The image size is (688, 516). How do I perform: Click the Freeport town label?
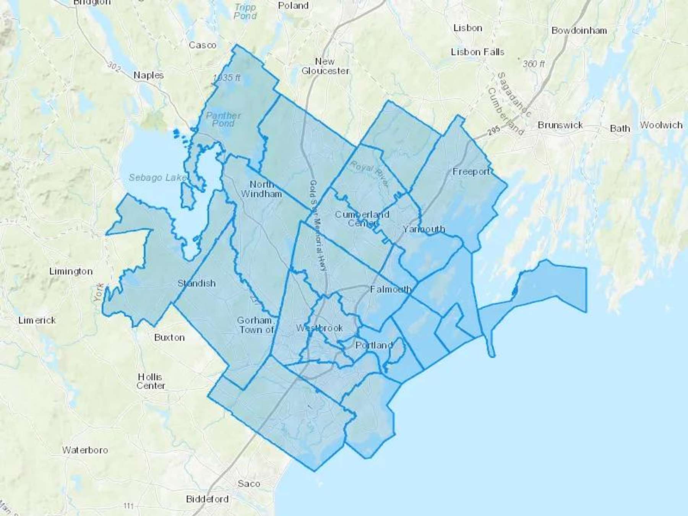[x=471, y=172]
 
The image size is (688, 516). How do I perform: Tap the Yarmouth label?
[x=424, y=229]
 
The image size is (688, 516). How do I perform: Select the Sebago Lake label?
[x=157, y=177]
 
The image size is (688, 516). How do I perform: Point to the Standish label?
[x=196, y=283]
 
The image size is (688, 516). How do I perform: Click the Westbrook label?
[x=320, y=328]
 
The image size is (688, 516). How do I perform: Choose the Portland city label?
[x=374, y=345]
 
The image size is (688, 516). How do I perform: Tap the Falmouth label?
[x=391, y=289]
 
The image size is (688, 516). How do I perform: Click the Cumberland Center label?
[x=362, y=218]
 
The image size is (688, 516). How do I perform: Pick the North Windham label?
[x=261, y=189]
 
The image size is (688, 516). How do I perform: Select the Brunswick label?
[x=560, y=125]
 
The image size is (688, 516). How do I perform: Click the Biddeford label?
[x=207, y=499]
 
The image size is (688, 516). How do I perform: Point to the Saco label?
[x=249, y=484]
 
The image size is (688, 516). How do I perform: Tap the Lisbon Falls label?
[x=477, y=52]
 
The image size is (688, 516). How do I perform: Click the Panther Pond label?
[x=223, y=119]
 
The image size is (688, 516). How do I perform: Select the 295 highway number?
[x=494, y=132]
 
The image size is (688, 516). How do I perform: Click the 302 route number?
[x=114, y=66]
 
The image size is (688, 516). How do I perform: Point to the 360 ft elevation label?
[x=534, y=64]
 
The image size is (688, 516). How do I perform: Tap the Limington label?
[x=71, y=271]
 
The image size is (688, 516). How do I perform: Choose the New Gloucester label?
[x=325, y=66]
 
